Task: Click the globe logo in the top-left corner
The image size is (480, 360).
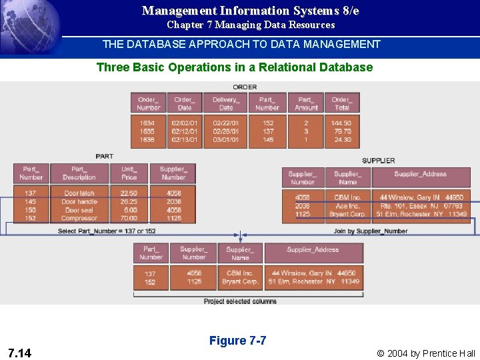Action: pos(30,27)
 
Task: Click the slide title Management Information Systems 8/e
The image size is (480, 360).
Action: pos(250,11)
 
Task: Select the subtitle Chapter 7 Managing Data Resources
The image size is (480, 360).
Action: pos(251,25)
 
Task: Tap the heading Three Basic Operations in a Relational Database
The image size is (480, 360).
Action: pos(235,67)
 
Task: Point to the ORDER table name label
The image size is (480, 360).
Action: pos(245,87)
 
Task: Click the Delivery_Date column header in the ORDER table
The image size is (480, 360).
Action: pos(226,103)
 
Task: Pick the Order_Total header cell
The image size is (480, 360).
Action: pos(341,103)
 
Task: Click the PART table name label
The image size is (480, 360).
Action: pos(105,156)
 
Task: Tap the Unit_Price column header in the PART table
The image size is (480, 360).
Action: pos(129,173)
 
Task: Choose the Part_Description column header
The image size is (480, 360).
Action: pos(79,173)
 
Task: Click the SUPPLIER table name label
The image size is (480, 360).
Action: pos(379,161)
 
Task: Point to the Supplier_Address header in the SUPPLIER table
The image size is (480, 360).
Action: pos(420,174)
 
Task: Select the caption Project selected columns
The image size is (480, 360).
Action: pos(240,301)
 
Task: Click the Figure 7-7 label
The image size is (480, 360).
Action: pos(237,341)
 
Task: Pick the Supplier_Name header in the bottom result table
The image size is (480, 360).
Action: pos(240,253)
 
